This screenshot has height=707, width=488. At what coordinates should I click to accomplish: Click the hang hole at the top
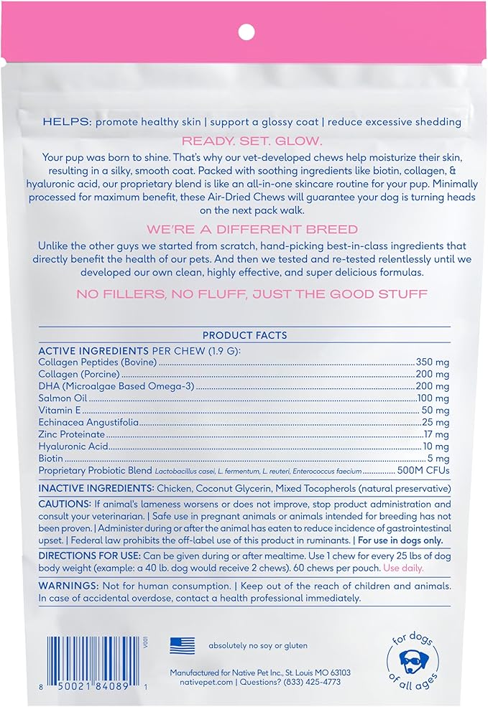246,32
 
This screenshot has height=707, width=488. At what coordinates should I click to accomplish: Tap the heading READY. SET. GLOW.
244,141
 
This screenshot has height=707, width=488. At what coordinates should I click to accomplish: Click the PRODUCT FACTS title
244,335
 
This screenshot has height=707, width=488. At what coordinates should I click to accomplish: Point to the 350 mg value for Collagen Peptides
433,363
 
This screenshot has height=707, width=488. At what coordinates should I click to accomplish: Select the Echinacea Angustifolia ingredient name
88,422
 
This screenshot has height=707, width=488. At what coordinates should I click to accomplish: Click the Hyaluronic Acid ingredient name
71,446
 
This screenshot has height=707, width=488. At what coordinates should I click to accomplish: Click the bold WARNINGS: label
65,586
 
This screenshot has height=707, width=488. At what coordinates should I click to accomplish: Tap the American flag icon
182,645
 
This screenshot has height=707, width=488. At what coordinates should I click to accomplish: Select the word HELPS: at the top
65,123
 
